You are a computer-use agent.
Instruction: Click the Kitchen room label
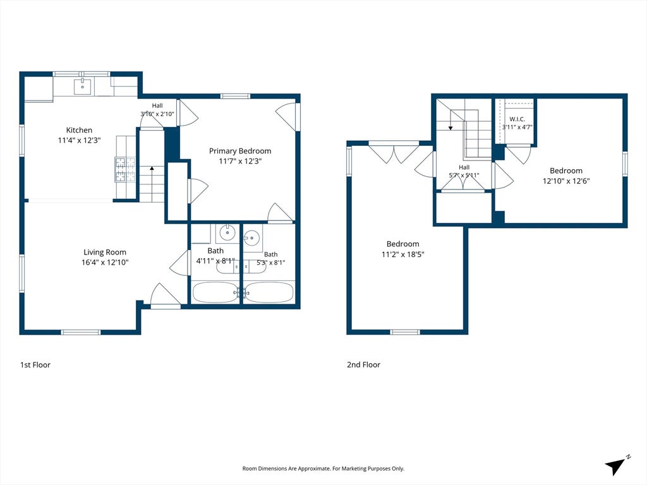[x=79, y=130]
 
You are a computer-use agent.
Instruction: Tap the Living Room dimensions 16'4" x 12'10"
[x=105, y=262]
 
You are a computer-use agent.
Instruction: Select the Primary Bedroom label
[x=240, y=151]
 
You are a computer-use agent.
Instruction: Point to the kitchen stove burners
[x=126, y=169]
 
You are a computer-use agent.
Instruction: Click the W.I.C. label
[x=517, y=119]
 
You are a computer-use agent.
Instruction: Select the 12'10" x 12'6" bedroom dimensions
[x=566, y=181]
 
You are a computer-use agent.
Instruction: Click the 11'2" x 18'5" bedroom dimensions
[x=402, y=254]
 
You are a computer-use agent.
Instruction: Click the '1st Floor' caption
[x=35, y=364]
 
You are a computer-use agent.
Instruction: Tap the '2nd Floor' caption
[x=363, y=364]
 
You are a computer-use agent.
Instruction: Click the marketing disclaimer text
[x=323, y=469]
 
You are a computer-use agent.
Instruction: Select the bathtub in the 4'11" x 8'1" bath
[x=215, y=292]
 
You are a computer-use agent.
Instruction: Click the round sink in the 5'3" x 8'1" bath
[x=251, y=237]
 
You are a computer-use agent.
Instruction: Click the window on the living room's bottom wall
[x=81, y=332]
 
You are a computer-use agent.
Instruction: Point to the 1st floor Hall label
[x=157, y=105]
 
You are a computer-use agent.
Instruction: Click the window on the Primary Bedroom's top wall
[x=235, y=97]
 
